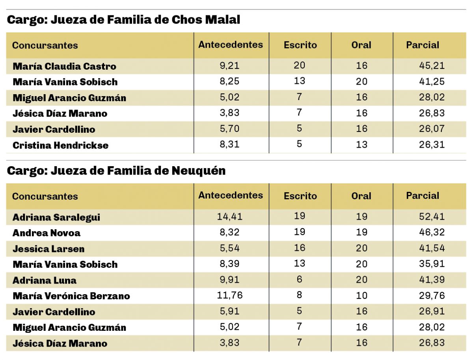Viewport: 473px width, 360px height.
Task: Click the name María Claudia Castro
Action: (64, 66)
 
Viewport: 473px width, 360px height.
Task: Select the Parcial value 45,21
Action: (432, 66)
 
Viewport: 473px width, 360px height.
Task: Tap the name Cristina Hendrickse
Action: (60, 145)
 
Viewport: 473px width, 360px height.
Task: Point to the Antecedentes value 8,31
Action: (229, 145)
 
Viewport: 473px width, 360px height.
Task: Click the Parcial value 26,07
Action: (432, 129)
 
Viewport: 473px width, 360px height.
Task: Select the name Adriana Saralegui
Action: (56, 217)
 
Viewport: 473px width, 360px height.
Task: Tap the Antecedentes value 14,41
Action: (230, 217)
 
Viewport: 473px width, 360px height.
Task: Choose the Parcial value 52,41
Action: (432, 217)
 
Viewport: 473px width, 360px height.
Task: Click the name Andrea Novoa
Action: (47, 233)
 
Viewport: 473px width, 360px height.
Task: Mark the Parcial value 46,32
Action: (432, 232)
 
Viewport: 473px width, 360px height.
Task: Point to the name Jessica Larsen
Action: (48, 249)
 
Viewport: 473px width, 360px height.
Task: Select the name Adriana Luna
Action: (45, 280)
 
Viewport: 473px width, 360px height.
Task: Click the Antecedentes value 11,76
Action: (229, 295)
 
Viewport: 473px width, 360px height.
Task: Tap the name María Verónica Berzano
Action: (71, 296)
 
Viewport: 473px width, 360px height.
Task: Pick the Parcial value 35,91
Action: (432, 264)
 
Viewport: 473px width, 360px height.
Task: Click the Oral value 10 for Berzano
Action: (361, 295)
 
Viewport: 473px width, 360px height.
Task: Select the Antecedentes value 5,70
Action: (229, 129)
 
